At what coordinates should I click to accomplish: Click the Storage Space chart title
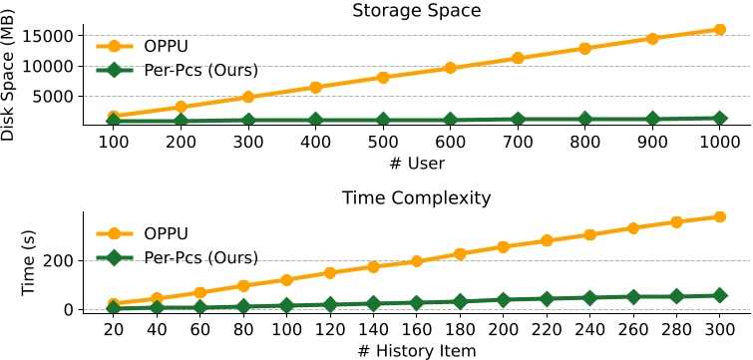point(417,11)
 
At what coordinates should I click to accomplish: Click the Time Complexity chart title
point(417,197)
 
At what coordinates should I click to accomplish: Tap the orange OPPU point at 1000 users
point(719,29)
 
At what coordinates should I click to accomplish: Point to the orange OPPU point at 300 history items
point(719,216)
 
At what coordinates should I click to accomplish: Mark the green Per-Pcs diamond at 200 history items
point(504,299)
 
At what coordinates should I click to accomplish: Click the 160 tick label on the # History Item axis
point(417,330)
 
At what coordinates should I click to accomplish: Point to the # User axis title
point(417,163)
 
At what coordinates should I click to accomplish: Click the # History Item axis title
point(417,349)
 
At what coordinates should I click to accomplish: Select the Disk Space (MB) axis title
point(11,74)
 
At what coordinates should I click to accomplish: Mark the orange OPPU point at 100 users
point(114,117)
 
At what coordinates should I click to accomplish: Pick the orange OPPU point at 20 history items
point(114,303)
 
